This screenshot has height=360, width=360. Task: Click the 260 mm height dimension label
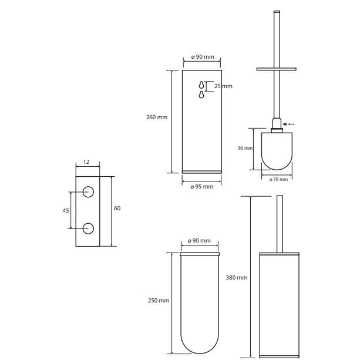[x=157, y=117]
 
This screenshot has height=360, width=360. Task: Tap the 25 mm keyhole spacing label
[x=223, y=86]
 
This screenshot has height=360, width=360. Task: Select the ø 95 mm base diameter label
[x=202, y=187]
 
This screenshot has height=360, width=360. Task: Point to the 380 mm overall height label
[x=237, y=278]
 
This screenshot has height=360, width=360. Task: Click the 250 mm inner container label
[x=159, y=300]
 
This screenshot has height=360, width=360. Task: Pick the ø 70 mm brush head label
[x=278, y=179]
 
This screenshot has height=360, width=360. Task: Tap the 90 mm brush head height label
[x=245, y=148]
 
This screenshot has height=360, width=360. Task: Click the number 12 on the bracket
[x=86, y=162]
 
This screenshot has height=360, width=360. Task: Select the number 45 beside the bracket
[x=66, y=210]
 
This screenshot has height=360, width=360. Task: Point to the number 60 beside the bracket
[x=117, y=208]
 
